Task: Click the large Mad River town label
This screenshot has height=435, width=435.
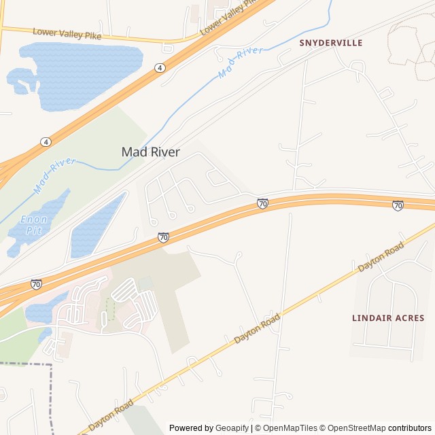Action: (x=150, y=152)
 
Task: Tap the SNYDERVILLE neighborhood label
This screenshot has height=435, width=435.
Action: (x=331, y=43)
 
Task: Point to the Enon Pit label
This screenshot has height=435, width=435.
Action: (x=33, y=224)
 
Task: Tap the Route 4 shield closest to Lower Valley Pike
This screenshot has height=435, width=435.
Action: (x=159, y=68)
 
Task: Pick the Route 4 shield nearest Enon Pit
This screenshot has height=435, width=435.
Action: (x=45, y=141)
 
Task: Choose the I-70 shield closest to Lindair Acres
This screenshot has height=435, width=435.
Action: (x=398, y=205)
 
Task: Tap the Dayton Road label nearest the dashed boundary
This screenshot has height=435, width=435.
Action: (x=111, y=415)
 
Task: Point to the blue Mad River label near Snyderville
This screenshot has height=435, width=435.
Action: (x=241, y=63)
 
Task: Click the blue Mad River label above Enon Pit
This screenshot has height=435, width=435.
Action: (x=54, y=173)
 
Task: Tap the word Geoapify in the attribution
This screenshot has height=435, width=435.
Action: (x=232, y=428)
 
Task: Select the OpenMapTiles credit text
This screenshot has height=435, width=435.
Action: (x=290, y=428)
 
